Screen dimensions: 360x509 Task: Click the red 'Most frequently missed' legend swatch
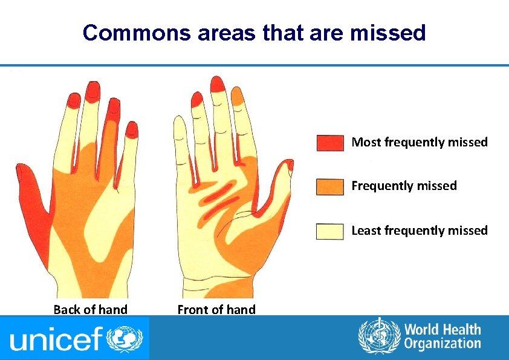click(x=330, y=143)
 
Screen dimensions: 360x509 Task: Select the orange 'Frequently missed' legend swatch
click(x=330, y=186)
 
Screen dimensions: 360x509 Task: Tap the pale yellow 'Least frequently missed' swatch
click(x=330, y=231)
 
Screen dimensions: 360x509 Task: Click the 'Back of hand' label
click(x=91, y=310)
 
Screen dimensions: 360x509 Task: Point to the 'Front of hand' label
click(x=216, y=310)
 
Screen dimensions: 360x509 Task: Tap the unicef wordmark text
click(x=57, y=339)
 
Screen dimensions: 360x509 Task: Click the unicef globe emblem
click(x=125, y=338)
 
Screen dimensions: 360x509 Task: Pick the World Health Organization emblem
click(x=379, y=336)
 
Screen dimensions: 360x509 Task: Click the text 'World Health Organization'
click(x=443, y=336)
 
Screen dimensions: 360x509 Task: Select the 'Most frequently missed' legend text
click(x=420, y=142)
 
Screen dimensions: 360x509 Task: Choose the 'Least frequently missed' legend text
click(x=420, y=231)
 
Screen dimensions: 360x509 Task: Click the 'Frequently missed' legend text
click(x=404, y=186)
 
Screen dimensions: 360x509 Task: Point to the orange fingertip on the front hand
click(x=239, y=96)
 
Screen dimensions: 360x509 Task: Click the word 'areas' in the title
click(x=227, y=33)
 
